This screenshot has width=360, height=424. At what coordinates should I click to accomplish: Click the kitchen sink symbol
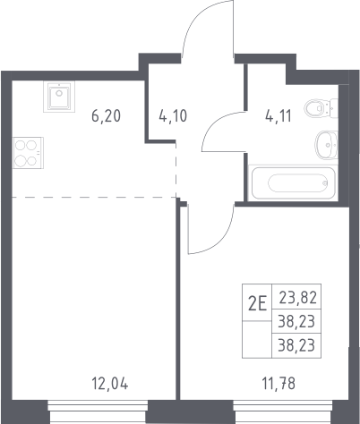point(59,97)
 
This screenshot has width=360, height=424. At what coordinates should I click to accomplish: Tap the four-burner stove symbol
point(28,153)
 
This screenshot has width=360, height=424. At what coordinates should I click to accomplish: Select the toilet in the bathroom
point(321,108)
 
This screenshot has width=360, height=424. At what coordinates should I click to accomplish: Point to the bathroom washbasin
point(326,145)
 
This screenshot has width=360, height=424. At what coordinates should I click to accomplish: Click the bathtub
point(293,182)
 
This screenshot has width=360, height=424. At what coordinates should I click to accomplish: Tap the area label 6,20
point(107,115)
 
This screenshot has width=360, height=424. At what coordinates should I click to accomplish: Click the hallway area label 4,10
point(173,115)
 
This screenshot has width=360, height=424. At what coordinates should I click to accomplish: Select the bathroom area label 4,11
point(279,115)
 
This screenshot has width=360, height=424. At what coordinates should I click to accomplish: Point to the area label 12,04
point(110,384)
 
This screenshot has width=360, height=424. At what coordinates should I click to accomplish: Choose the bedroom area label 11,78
point(279,384)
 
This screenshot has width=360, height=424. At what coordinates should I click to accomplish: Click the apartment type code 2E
point(257,304)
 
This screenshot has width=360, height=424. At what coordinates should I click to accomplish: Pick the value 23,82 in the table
point(297,298)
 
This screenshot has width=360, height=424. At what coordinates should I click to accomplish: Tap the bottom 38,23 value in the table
point(296,346)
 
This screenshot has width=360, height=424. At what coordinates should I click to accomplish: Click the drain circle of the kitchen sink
point(59,93)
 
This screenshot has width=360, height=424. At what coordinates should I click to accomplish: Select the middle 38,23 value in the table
point(296,322)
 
